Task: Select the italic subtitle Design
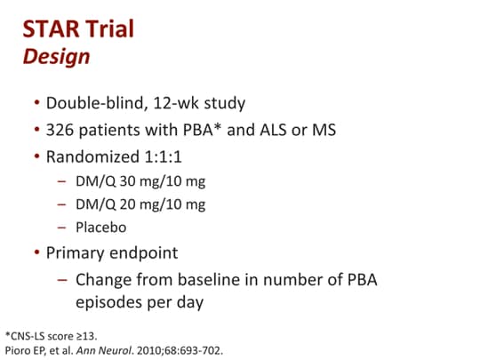(x=56, y=57)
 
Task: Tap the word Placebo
(x=101, y=227)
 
